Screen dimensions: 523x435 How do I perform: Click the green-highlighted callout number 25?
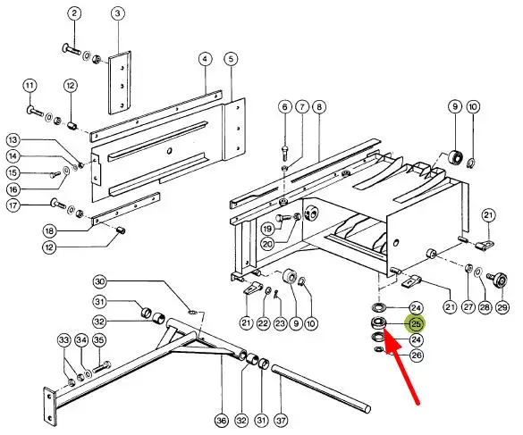(416, 323)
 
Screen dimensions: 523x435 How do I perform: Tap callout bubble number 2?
(74, 13)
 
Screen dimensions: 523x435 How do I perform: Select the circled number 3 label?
(118, 13)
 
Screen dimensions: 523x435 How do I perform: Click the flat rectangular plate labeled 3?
(120, 83)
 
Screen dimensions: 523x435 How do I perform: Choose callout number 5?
(231, 59)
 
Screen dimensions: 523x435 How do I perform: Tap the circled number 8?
(319, 107)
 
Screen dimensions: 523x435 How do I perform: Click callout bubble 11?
(30, 86)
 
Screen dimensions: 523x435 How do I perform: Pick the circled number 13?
(13, 140)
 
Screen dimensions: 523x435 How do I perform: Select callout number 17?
(13, 205)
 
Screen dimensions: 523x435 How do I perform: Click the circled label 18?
(49, 230)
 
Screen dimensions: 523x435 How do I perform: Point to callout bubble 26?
(417, 356)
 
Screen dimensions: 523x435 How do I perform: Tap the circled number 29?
(502, 307)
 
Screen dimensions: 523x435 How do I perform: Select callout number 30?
(100, 282)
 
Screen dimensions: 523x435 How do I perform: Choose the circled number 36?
(222, 421)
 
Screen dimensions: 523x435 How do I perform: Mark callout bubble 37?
(282, 421)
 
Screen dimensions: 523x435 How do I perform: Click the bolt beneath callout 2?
(71, 50)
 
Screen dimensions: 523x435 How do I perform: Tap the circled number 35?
(98, 340)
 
